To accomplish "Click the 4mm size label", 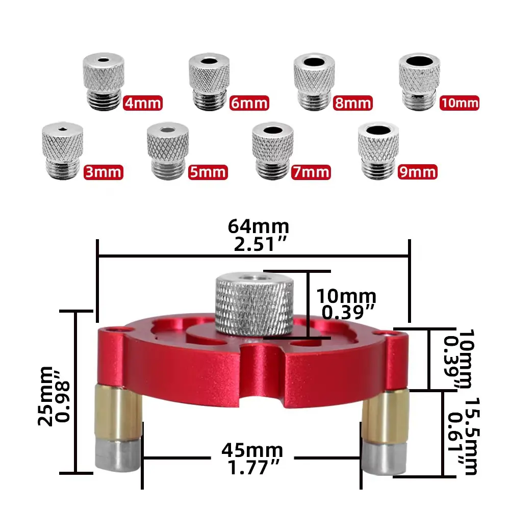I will [x=143, y=104].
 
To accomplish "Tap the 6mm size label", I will [x=248, y=104].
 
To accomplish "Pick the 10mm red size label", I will [x=460, y=104].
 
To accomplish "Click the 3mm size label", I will [x=104, y=172].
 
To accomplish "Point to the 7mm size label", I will [x=311, y=172].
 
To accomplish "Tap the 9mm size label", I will [x=418, y=172].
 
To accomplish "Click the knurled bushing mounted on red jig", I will [x=253, y=303].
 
